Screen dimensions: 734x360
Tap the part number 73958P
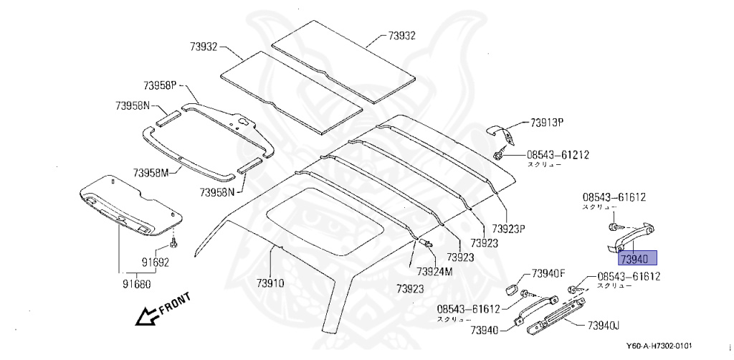[160, 85]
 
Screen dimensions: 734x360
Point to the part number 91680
[136, 284]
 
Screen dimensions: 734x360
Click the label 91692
[155, 262]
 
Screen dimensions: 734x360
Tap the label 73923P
[508, 229]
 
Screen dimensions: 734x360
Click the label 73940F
[549, 274]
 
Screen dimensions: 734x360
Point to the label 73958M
[150, 173]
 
